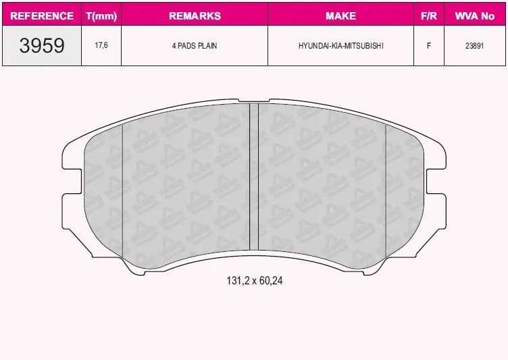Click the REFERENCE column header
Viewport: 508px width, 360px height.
pyautogui.click(x=42, y=16)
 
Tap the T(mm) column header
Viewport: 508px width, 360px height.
pyautogui.click(x=101, y=16)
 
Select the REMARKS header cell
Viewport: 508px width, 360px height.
pyautogui.click(x=195, y=16)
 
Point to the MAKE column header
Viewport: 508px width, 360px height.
pyautogui.click(x=341, y=16)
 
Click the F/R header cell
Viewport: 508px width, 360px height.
pyautogui.click(x=429, y=16)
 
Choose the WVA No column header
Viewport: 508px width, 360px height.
pyautogui.click(x=475, y=16)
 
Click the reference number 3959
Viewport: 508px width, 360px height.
pyautogui.click(x=42, y=45)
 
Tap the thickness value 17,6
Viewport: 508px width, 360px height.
pyautogui.click(x=101, y=45)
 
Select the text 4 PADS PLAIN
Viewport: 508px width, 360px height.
pyautogui.click(x=195, y=46)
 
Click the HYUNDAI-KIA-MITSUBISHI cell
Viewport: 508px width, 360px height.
pyautogui.click(x=341, y=46)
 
